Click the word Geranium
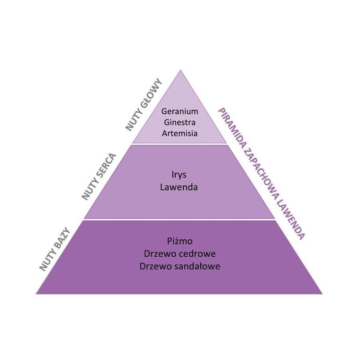[180, 112]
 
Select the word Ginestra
[180, 122]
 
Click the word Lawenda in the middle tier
[180, 188]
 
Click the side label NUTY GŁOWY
[144, 104]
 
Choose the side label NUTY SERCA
[99, 176]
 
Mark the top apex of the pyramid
[180, 71]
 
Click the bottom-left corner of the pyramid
[37, 293]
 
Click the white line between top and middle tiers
[180, 144]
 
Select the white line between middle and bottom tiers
[180, 219]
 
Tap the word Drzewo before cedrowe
[159, 255]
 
